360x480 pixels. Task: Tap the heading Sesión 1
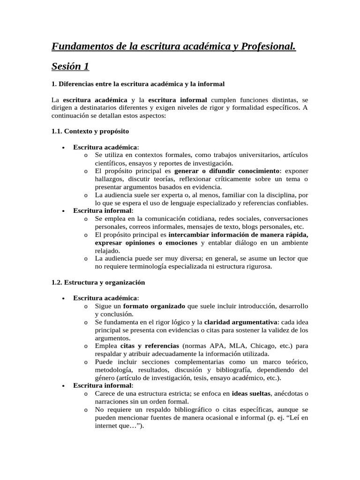[70, 67]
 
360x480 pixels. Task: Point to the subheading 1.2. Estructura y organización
[98, 282]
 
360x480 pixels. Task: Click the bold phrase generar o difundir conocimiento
[227, 171]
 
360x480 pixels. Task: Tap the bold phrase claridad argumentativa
[240, 322]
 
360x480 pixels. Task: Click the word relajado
[107, 250]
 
